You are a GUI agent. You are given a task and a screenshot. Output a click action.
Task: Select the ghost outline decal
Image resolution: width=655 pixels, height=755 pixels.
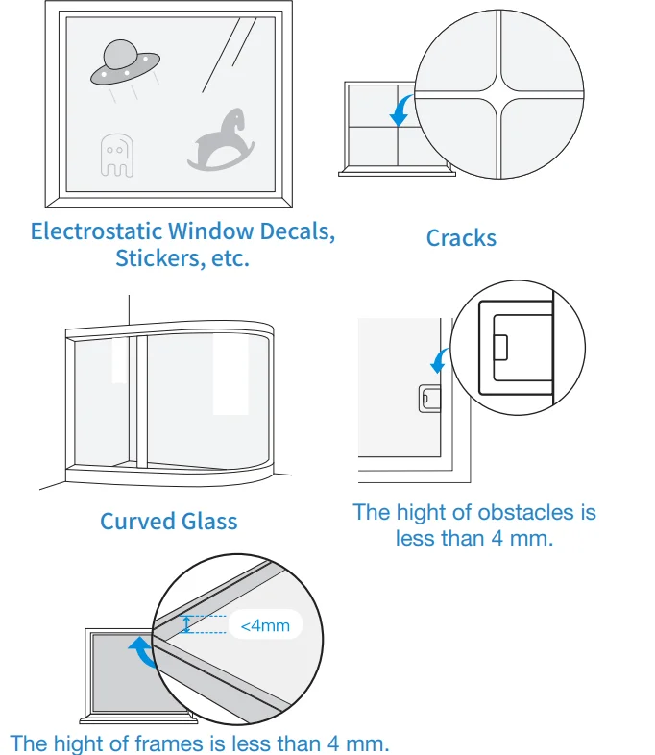click(117, 156)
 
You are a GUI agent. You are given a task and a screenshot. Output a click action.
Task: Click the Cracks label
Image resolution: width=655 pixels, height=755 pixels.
click(461, 238)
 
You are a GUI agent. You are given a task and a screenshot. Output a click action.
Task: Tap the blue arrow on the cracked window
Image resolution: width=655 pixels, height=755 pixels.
click(400, 110)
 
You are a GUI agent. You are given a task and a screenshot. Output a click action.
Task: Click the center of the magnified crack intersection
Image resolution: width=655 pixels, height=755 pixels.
click(500, 94)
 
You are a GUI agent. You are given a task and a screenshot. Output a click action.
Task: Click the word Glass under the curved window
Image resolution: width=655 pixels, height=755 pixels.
click(208, 521)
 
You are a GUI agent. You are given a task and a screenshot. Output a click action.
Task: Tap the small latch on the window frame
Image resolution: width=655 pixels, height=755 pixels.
click(429, 399)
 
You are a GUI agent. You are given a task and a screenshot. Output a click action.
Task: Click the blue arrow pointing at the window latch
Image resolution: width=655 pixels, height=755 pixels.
click(439, 361)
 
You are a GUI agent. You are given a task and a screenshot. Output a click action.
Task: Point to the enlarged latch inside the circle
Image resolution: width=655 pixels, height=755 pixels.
click(516, 348)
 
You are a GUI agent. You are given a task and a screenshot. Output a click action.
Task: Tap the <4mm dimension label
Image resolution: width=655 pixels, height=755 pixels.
click(265, 625)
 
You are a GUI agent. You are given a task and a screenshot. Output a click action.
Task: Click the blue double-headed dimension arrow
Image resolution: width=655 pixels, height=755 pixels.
click(186, 624)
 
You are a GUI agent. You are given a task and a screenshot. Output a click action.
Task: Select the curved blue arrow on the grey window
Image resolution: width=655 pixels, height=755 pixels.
click(143, 651)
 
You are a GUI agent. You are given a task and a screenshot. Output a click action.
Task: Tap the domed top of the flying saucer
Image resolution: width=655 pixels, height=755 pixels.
click(119, 54)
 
